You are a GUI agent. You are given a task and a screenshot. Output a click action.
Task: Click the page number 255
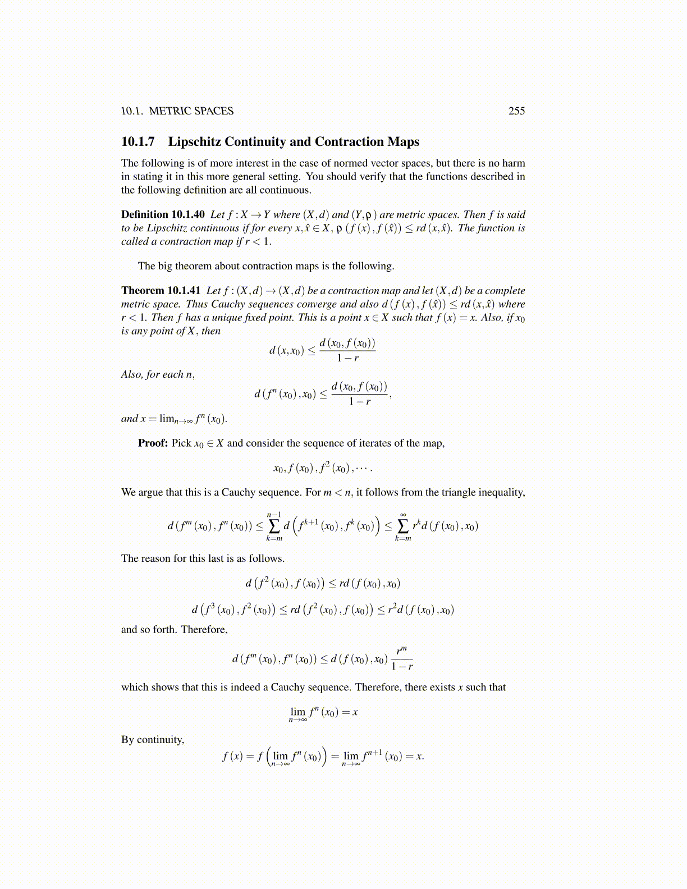pos(516,111)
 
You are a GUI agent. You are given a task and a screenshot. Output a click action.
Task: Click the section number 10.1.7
pos(138,142)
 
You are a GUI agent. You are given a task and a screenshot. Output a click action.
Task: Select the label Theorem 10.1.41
pos(161,291)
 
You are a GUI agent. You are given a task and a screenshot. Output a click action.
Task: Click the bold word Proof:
pos(153,443)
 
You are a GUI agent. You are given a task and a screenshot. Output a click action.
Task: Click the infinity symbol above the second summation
pos(403,514)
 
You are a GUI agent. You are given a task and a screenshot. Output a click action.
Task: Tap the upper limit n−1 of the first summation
pos(274,514)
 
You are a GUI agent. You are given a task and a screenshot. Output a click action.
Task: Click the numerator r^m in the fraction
pos(401,650)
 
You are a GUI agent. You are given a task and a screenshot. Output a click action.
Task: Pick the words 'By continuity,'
pos(153,740)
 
